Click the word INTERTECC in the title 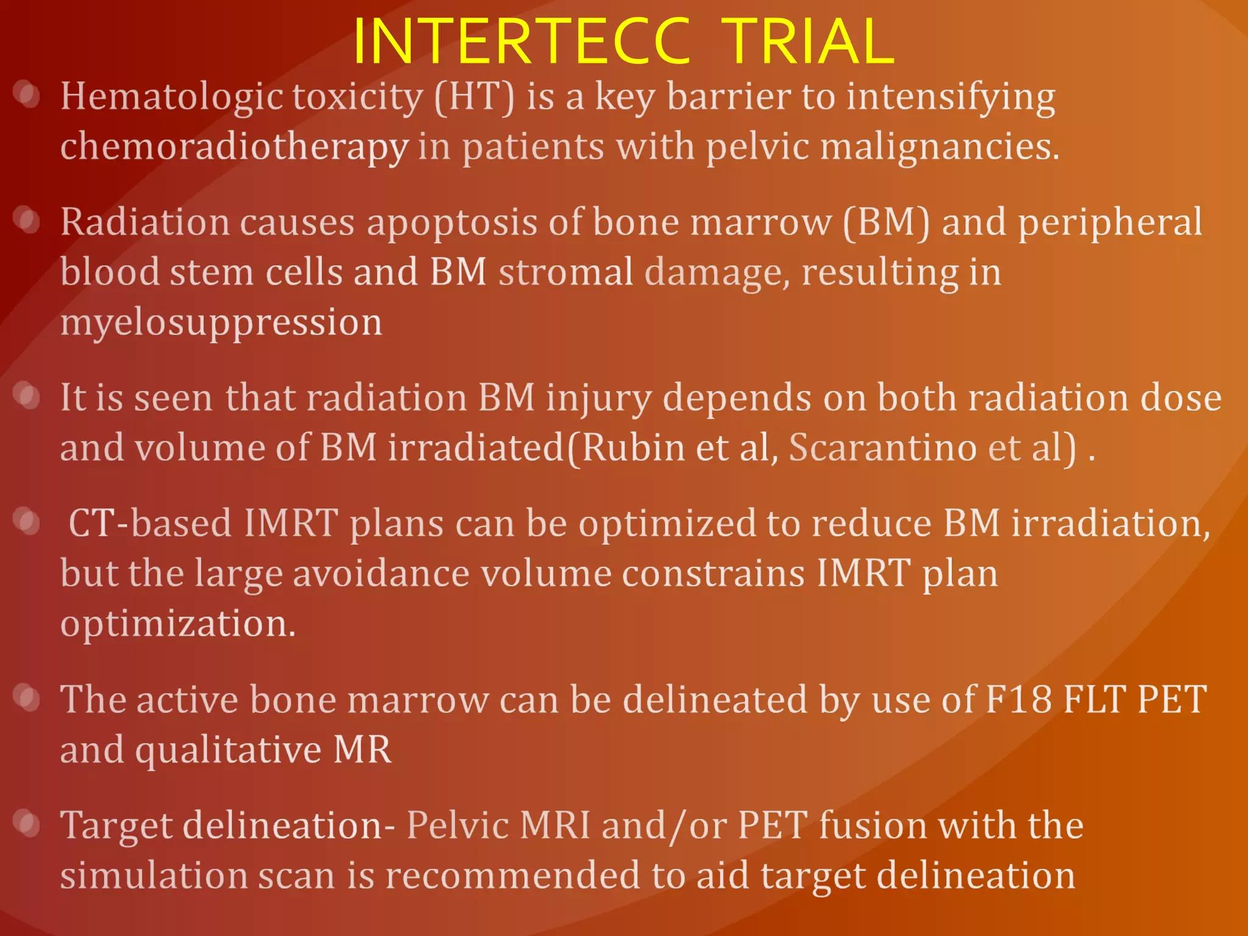(x=522, y=41)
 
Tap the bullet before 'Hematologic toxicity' (x=27, y=94)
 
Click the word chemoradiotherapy (x=234, y=147)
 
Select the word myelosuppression (x=221, y=323)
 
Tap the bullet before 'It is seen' (x=27, y=396)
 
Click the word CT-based (x=150, y=523)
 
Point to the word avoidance (x=381, y=574)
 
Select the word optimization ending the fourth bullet (x=177, y=624)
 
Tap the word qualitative (x=228, y=750)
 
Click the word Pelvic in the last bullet (x=457, y=826)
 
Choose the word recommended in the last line (x=512, y=876)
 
